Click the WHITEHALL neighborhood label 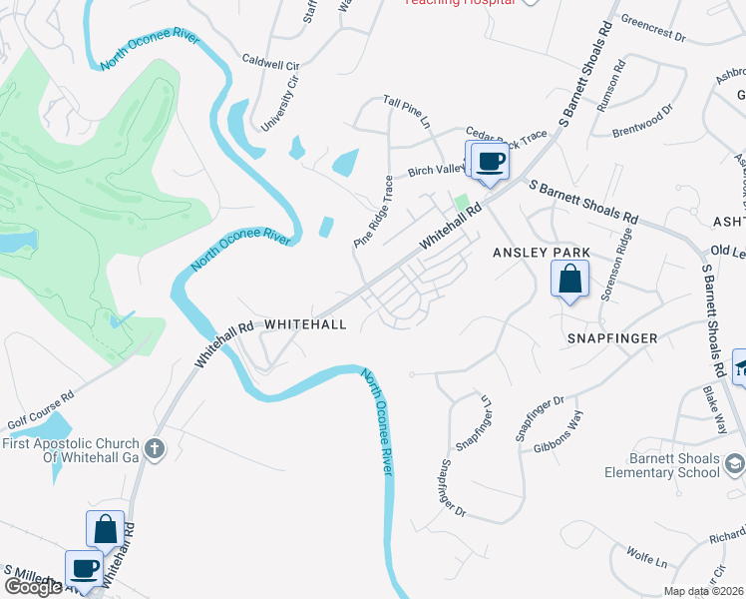[x=305, y=325]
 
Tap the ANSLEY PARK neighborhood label [x=542, y=253]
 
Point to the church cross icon [x=153, y=448]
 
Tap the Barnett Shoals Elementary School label [x=662, y=465]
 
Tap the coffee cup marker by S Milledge [x=85, y=569]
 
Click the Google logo [x=33, y=587]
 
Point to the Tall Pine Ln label [x=406, y=111]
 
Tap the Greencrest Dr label [x=654, y=29]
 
